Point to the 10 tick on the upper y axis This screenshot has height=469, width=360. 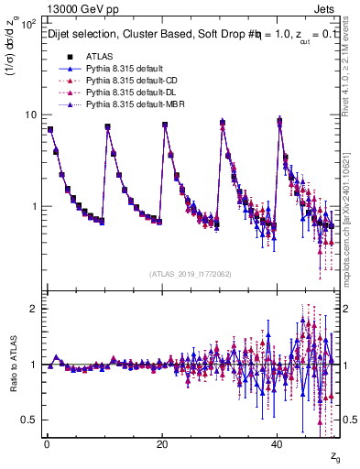pos(30,115)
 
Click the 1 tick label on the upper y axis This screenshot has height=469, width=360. pos(34,206)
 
